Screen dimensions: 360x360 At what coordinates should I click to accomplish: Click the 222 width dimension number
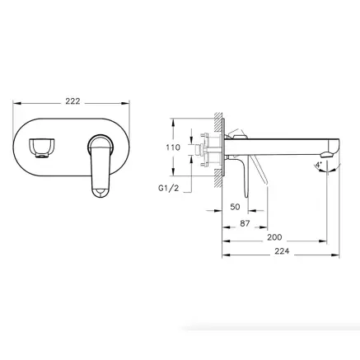72,101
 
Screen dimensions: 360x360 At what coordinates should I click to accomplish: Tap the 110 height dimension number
172,147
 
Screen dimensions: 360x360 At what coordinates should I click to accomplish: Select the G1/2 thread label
169,187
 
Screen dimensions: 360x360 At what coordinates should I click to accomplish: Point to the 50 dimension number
236,207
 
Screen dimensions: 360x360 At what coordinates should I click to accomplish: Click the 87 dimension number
245,222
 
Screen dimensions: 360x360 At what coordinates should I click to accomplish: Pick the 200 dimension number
274,237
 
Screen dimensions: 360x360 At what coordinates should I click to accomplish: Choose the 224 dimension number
281,252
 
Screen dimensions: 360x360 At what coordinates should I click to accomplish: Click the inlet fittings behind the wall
202,151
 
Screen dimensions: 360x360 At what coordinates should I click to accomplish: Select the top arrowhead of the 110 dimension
172,117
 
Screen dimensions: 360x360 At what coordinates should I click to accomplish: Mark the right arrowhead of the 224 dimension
338,253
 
